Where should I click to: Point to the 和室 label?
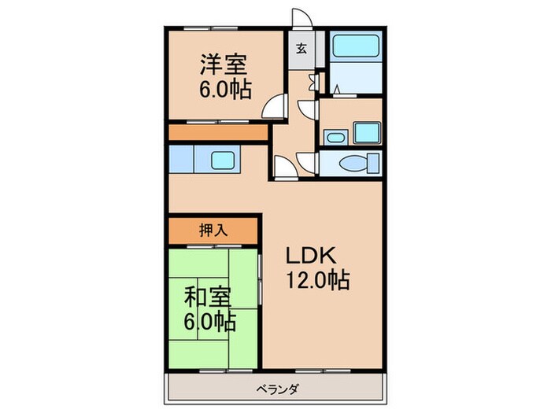[x=208, y=299]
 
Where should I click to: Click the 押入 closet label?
[x=213, y=230]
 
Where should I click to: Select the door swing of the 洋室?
[x=272, y=108]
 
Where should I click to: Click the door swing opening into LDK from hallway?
[x=281, y=167]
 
